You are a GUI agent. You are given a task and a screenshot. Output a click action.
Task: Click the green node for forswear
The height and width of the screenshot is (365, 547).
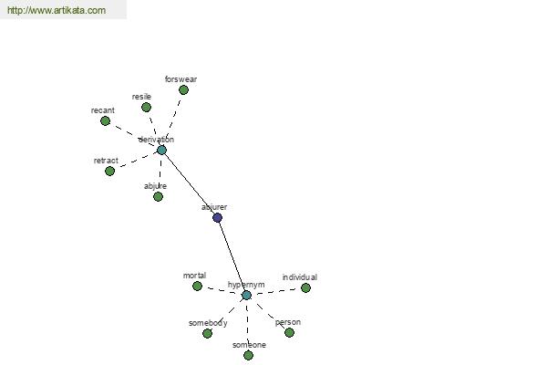click(183, 90)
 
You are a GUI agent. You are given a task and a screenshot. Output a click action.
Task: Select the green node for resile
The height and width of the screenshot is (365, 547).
click(146, 108)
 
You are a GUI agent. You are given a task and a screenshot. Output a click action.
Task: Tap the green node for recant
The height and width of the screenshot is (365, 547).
click(105, 121)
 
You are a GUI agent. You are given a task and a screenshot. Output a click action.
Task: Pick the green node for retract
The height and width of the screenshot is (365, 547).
click(109, 172)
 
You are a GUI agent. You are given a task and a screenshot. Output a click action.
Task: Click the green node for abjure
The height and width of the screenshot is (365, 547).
click(158, 197)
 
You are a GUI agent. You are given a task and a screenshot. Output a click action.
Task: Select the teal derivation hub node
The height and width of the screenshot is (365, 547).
click(161, 151)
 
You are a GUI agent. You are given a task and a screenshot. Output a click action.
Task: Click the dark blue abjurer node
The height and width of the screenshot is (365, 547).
click(217, 217)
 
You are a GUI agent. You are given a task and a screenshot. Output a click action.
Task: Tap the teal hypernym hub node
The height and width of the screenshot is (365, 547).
click(246, 295)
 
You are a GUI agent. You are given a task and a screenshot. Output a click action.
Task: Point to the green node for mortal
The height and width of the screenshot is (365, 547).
click(197, 286)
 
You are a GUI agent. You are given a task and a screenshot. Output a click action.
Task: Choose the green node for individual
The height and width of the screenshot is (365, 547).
click(305, 287)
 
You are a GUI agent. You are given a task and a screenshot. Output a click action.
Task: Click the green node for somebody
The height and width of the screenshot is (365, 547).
click(207, 334)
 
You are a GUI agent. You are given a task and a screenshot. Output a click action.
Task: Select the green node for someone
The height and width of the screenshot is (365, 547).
click(248, 356)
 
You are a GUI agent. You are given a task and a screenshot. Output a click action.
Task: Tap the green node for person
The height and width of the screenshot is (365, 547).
click(289, 332)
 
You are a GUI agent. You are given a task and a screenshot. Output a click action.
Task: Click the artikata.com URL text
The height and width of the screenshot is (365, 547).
click(57, 10)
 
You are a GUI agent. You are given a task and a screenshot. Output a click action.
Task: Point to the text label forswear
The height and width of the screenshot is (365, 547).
click(181, 79)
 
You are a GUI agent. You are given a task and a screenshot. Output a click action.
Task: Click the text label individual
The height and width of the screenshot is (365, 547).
click(300, 277)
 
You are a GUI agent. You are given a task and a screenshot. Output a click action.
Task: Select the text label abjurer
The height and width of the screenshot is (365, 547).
click(214, 207)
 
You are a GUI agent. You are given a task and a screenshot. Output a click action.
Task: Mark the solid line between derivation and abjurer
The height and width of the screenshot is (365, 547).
click(190, 184)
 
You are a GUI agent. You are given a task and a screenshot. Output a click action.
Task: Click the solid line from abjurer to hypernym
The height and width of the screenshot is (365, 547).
click(232, 255)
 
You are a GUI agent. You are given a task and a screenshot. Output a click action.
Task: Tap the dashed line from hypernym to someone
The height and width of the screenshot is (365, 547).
click(247, 325)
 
